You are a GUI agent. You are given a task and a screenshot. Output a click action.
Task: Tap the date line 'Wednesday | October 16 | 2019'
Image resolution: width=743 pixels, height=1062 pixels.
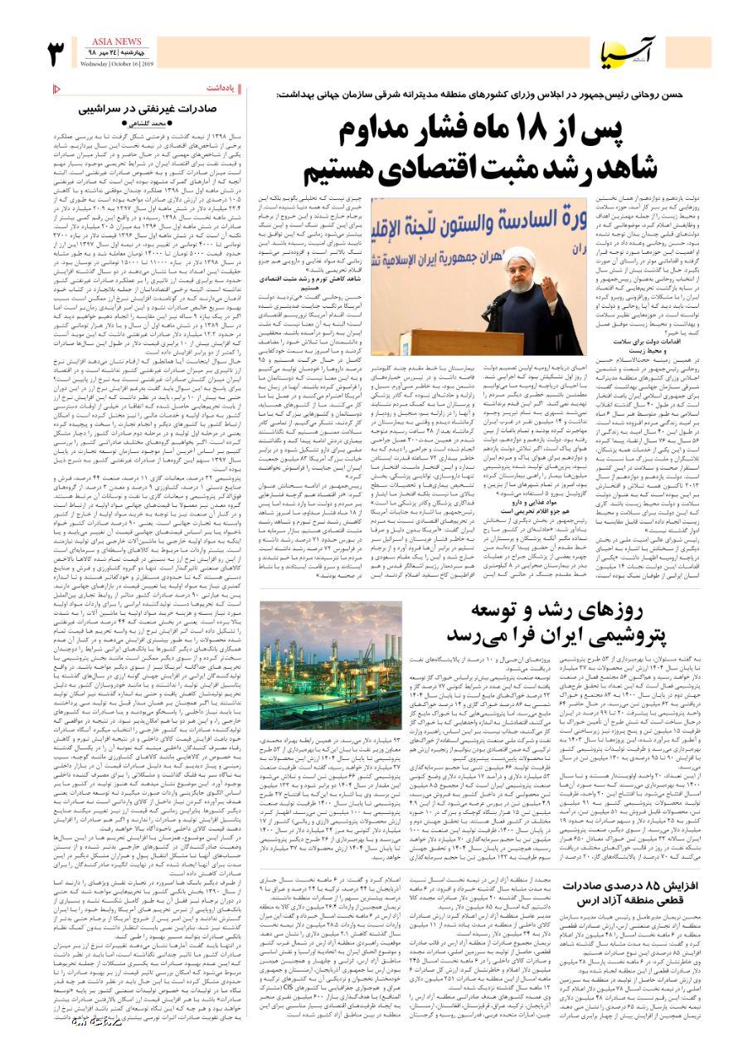[119, 62]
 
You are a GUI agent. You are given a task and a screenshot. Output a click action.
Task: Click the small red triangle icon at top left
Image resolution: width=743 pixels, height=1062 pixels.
[56, 89]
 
